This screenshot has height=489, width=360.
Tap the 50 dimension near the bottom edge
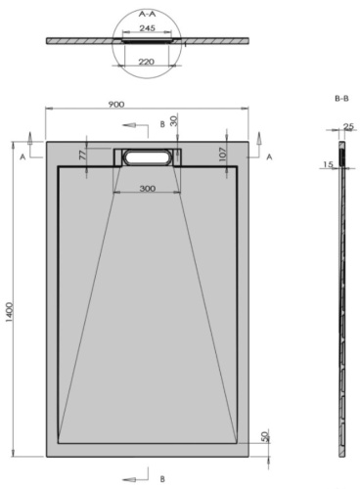[x=265, y=437]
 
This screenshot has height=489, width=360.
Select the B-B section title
[x=341, y=99]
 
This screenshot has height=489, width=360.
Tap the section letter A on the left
[x=22, y=156]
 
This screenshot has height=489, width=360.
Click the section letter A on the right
[x=268, y=156]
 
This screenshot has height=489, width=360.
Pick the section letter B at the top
[x=162, y=125]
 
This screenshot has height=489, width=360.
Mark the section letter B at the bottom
[x=162, y=478]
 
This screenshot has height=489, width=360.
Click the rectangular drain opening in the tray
[x=146, y=156]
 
